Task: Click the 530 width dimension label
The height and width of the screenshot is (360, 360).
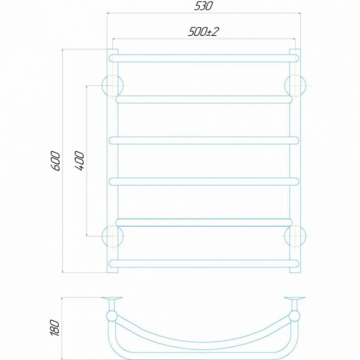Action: [203, 6]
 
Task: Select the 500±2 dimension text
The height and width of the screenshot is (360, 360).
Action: [203, 31]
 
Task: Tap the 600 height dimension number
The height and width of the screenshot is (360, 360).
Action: [56, 161]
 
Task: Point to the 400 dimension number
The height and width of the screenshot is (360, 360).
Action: [80, 161]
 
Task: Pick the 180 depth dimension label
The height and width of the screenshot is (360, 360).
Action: [55, 328]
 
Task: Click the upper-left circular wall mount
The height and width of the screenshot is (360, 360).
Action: [112, 85]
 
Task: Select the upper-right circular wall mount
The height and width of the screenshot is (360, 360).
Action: [295, 85]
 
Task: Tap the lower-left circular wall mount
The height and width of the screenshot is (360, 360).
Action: [112, 236]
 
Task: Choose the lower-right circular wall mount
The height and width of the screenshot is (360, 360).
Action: [295, 236]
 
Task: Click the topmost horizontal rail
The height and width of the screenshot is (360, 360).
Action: [204, 58]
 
